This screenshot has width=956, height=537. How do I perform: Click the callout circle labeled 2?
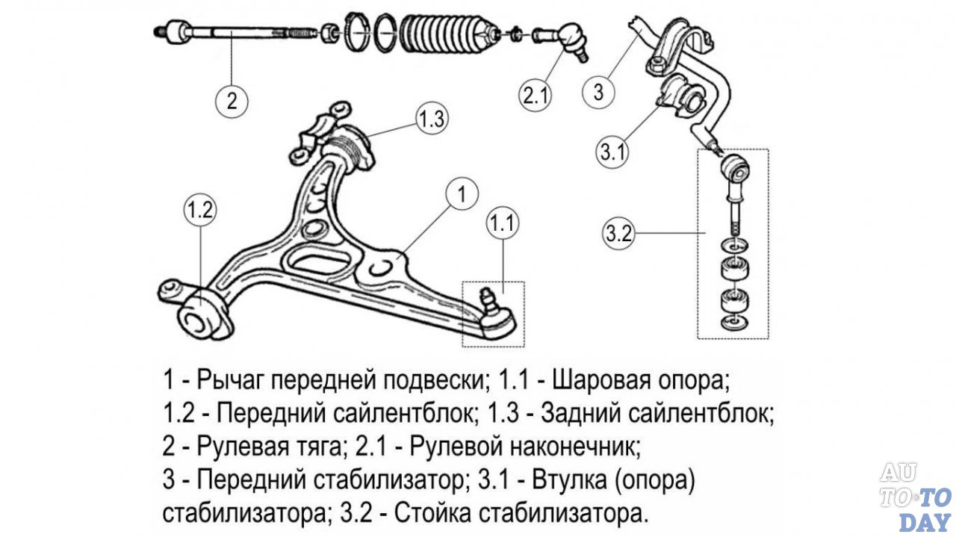(231, 99)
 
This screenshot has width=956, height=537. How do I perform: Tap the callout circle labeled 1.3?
(431, 118)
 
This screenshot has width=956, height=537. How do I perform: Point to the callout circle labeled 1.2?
(199, 211)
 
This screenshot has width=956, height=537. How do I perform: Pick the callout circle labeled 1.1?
(503, 222)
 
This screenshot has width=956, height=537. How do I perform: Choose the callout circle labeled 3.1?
(612, 152)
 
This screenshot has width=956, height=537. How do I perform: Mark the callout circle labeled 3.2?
(619, 234)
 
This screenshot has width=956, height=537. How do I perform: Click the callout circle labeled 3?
(597, 93)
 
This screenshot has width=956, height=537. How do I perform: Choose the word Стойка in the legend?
(432, 514)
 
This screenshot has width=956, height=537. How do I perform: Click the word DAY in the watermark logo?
(925, 521)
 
